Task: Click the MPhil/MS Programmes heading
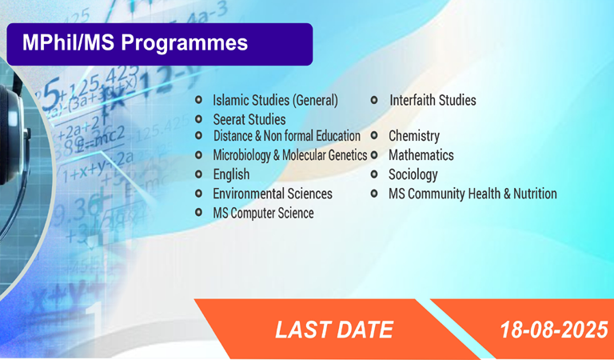[135, 42]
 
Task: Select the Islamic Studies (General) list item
[275, 100]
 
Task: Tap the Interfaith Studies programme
[433, 100]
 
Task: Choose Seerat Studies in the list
[249, 119]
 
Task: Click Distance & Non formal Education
[287, 136]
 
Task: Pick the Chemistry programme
[414, 136]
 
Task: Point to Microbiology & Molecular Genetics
[290, 155]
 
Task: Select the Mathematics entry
[421, 155]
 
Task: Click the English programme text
[231, 174]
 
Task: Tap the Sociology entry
[413, 174]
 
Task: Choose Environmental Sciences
[273, 194]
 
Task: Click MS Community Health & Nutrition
[472, 194]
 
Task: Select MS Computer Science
[263, 213]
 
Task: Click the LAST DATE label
[334, 330]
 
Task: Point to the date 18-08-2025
[554, 330]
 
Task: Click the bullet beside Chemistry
[374, 135]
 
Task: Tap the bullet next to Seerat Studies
[198, 118]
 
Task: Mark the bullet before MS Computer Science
[198, 212]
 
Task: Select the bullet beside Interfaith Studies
[374, 99]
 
